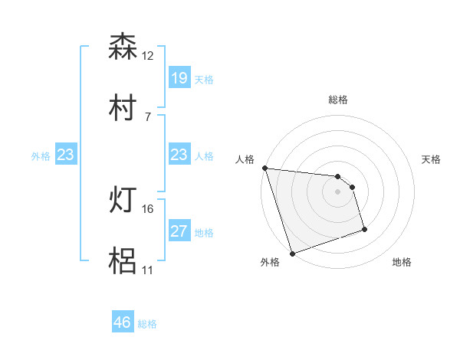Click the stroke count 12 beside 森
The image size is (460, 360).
(x=148, y=56)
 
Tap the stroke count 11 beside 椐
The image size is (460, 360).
(x=148, y=270)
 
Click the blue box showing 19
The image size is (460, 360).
(x=179, y=78)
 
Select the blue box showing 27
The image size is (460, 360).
(x=179, y=231)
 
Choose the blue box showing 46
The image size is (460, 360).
(x=122, y=322)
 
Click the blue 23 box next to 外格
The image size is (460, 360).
(x=65, y=155)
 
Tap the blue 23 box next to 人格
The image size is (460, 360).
(x=179, y=155)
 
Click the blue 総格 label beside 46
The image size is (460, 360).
(x=147, y=324)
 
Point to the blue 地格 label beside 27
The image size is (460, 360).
(x=204, y=233)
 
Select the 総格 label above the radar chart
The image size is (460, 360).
(x=338, y=100)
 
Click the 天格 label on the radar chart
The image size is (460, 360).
(x=432, y=159)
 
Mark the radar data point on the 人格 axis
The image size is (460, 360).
(x=264, y=168)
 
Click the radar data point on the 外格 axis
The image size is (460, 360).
(x=292, y=252)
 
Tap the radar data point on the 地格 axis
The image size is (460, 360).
(x=364, y=229)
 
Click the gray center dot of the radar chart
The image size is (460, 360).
(x=338, y=192)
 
